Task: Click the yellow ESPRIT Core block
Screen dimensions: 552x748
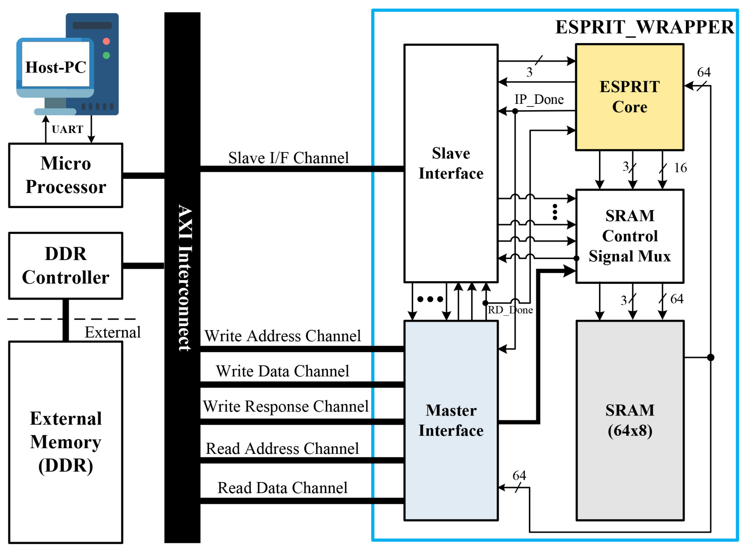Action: pyautogui.click(x=629, y=97)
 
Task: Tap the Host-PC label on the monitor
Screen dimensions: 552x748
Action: pyautogui.click(x=56, y=67)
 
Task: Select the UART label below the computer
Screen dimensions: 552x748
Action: pyautogui.click(x=68, y=129)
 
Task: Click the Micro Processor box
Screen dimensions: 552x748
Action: pyautogui.click(x=66, y=175)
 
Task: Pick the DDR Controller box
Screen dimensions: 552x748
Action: pyautogui.click(x=66, y=266)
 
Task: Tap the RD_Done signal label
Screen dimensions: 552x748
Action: pyautogui.click(x=510, y=310)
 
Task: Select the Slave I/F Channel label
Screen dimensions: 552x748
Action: pyautogui.click(x=288, y=158)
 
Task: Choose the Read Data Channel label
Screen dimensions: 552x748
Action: pyautogui.click(x=282, y=488)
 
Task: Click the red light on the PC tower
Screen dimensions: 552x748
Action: pyautogui.click(x=106, y=41)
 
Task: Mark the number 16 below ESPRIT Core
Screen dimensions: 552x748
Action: pyautogui.click(x=680, y=168)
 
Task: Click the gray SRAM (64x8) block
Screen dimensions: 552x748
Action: pyautogui.click(x=629, y=420)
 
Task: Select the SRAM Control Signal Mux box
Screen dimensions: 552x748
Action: pyautogui.click(x=629, y=236)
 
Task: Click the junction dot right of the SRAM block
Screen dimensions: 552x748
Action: pyautogui.click(x=711, y=357)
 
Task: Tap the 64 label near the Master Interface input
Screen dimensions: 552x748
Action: pyautogui.click(x=519, y=475)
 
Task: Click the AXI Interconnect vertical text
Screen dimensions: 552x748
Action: pyautogui.click(x=184, y=277)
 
